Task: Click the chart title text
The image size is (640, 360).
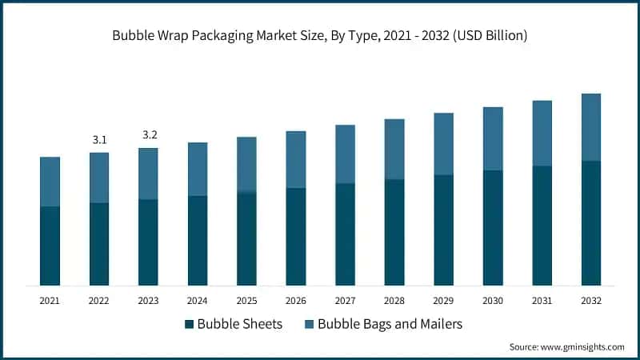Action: click(x=320, y=36)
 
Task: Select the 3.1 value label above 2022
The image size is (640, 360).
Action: click(x=100, y=140)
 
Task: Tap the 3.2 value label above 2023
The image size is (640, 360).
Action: click(x=150, y=135)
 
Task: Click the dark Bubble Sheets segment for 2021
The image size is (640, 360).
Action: click(x=50, y=246)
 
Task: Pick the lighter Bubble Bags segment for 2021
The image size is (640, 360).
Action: click(x=50, y=182)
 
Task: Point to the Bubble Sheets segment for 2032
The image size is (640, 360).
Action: click(x=591, y=223)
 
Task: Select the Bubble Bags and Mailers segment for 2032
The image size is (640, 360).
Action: click(x=591, y=127)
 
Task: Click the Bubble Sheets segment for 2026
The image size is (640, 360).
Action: click(x=296, y=237)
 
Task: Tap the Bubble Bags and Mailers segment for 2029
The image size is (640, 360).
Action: click(x=444, y=144)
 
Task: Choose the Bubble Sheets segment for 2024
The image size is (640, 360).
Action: click(x=198, y=240)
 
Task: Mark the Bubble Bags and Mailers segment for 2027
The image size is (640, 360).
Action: click(x=346, y=154)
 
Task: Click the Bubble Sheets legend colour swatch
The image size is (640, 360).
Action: click(x=189, y=324)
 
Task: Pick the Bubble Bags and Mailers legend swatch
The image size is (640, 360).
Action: click(x=308, y=324)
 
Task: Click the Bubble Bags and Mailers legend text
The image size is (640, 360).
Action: click(x=390, y=324)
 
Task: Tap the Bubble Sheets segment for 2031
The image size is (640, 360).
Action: click(x=542, y=226)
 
